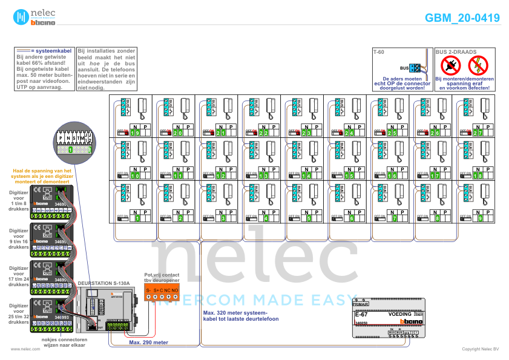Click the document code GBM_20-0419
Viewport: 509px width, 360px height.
point(462,18)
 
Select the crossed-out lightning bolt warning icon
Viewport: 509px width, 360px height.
point(478,64)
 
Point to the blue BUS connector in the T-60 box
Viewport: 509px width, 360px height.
point(415,68)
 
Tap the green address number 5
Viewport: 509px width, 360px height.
point(309,218)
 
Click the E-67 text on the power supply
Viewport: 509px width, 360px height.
point(361,315)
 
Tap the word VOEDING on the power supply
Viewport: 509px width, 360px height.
point(399,315)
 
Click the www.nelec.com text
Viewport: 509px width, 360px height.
point(21,349)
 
